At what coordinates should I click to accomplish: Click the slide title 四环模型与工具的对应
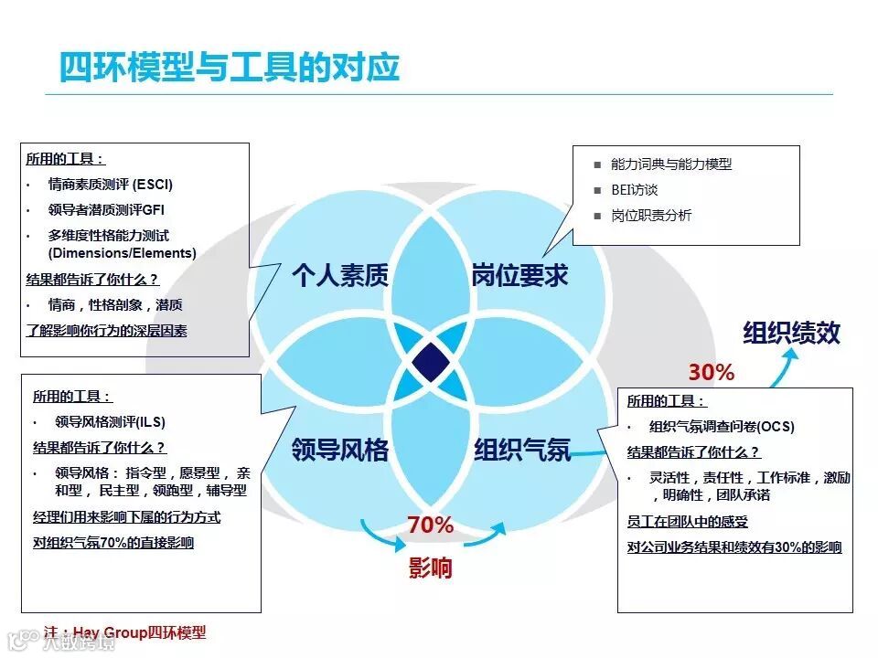[x=229, y=67]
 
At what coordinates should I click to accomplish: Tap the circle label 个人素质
[x=340, y=275]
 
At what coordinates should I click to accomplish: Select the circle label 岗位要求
[x=519, y=275]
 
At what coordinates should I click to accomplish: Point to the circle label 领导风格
[x=340, y=449]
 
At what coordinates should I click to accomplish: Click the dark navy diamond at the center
[x=431, y=362]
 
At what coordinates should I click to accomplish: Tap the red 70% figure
[x=431, y=525]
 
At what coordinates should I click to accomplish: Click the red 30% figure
[x=711, y=373]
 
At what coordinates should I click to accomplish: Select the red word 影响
[x=430, y=568]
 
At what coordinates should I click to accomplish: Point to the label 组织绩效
[x=791, y=333]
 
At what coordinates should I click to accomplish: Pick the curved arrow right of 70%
[x=485, y=534]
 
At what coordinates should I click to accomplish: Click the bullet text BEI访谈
[x=635, y=190]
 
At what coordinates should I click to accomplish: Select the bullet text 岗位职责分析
[x=651, y=216]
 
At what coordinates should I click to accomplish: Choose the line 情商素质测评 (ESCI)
[x=111, y=184]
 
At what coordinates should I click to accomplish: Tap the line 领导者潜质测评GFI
[x=106, y=209]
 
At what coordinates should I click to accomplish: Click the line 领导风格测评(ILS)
[x=110, y=422]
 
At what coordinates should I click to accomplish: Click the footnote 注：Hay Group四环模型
[x=125, y=632]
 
